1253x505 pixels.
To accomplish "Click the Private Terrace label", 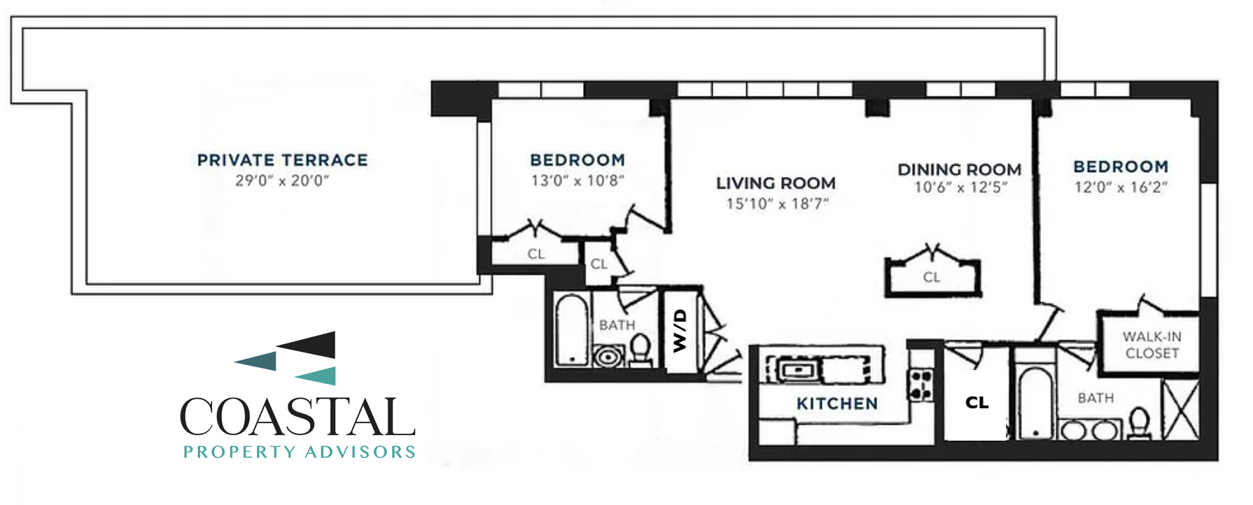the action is pos(282,160).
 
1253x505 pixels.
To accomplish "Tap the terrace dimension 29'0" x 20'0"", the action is pos(282,180).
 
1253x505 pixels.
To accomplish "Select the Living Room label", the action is pos(776,183).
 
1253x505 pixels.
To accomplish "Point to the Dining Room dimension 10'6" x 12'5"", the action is pos(960,187).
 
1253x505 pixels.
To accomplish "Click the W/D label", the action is pos(680,331).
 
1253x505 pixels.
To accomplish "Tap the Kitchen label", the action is pos(837,404).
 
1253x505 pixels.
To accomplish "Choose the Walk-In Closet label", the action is pos(1152,345).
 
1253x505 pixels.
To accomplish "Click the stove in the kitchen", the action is pos(920,384).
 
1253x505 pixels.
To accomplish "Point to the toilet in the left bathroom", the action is pos(640,349).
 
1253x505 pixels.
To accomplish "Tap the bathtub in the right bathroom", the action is pos(1034,402).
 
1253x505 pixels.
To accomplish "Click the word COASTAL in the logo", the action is pos(297,418).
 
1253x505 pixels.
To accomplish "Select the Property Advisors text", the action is pos(300,452).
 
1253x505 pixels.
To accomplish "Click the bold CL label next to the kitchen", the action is pos(976,402).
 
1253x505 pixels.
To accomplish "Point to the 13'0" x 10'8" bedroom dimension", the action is pos(577,180).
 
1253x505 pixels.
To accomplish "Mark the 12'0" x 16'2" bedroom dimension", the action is pos(1121,187).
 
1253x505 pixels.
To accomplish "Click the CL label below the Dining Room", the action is pos(931,277).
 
